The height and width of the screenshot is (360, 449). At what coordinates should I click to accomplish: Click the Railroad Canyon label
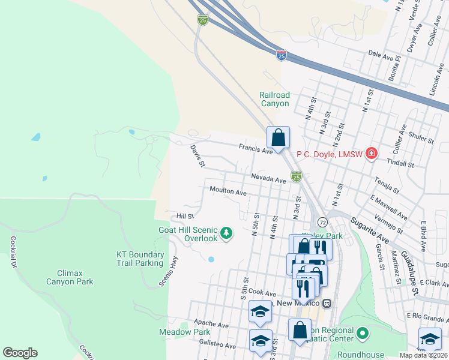pos(274,99)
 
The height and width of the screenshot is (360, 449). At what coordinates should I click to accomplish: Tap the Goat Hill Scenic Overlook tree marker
pos(226,232)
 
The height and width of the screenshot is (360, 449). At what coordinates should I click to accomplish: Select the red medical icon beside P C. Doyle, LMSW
pos(372,154)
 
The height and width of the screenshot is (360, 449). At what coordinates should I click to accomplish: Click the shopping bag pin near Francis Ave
pos(279,138)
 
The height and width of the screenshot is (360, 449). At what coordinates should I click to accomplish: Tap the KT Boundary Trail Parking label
pos(139,259)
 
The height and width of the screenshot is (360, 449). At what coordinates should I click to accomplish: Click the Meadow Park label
pos(184,332)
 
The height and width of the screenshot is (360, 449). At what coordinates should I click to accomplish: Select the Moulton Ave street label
pos(228,193)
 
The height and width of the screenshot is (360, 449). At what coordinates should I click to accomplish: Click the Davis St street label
pos(198,155)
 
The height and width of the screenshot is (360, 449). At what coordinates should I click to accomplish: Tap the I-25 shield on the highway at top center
pos(202,20)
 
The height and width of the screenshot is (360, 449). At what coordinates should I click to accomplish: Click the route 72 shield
pos(322,222)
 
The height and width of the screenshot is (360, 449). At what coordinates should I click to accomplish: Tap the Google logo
pos(20,353)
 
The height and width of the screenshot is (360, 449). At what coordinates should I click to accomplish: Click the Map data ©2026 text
pos(423,355)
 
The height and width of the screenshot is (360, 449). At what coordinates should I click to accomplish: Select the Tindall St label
pos(402,164)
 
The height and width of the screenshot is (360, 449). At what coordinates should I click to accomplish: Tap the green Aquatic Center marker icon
pos(362,332)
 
